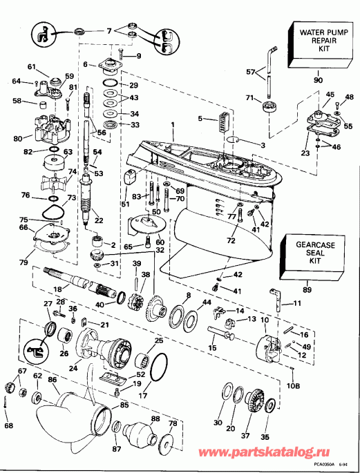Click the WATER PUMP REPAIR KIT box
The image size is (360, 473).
tap(316, 41)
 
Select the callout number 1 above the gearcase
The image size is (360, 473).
tap(173, 124)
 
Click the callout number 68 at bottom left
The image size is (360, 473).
tap(9, 425)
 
